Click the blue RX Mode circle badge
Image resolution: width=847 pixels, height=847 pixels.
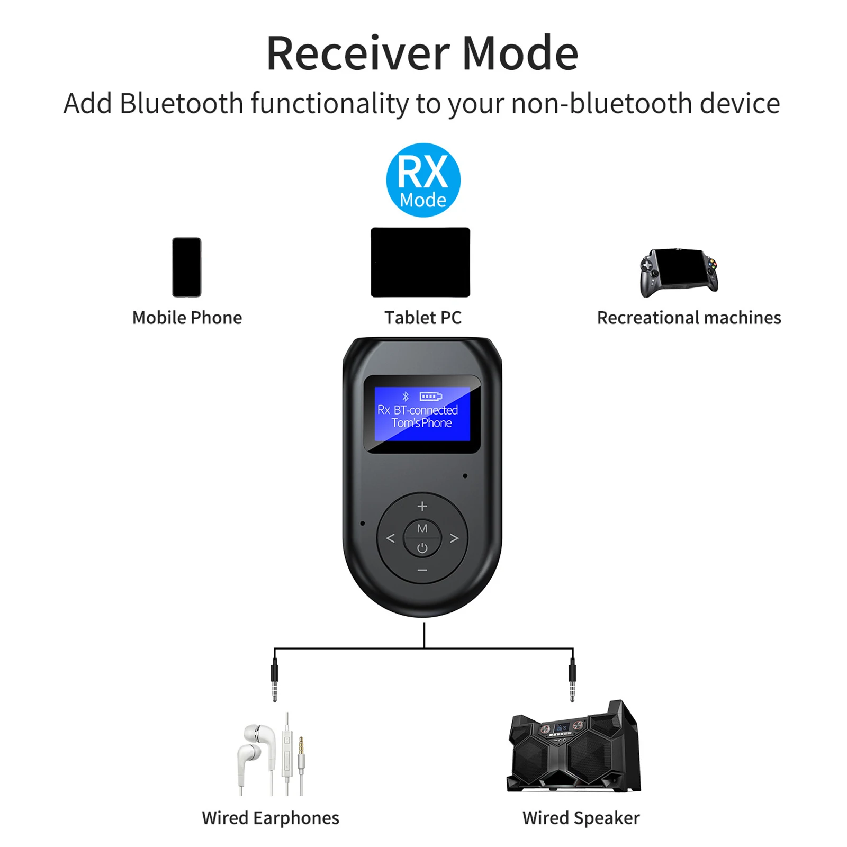423,180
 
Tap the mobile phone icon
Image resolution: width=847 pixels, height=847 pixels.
187,267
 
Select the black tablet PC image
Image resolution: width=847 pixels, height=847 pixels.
420,262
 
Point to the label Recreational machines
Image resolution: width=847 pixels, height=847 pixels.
689,318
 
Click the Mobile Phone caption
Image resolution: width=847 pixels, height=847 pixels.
187,318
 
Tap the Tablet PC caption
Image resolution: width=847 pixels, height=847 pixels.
423,318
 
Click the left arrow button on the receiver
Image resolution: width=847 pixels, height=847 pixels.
391,538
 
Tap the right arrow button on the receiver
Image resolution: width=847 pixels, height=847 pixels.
454,538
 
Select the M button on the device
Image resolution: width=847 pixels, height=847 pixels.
422,528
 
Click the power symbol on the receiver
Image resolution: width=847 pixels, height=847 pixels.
422,548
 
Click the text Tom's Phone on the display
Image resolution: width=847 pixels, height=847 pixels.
422,423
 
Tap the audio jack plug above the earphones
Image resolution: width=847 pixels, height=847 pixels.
274,680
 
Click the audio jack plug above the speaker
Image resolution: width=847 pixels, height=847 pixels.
572,680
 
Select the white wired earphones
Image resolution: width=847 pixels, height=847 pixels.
271,754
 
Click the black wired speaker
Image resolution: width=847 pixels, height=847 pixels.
574,746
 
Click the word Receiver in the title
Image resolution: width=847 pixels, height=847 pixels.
358,53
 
